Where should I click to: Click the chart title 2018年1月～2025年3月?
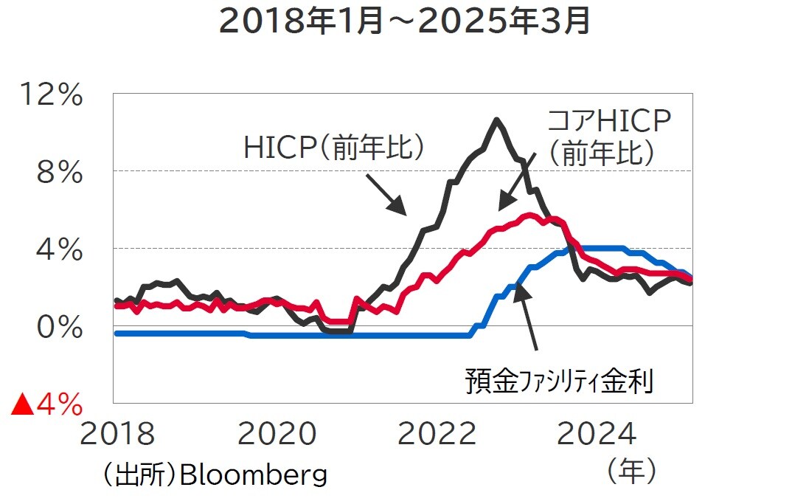click(x=405, y=22)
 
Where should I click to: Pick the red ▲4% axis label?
click(x=46, y=404)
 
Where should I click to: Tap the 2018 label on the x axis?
click(x=117, y=435)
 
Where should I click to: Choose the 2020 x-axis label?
click(x=277, y=435)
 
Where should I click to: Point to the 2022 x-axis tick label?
click(x=437, y=435)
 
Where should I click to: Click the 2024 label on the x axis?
click(x=597, y=435)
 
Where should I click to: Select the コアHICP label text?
click(x=609, y=121)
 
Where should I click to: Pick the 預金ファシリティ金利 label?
click(x=558, y=382)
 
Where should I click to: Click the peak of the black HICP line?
click(x=496, y=120)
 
